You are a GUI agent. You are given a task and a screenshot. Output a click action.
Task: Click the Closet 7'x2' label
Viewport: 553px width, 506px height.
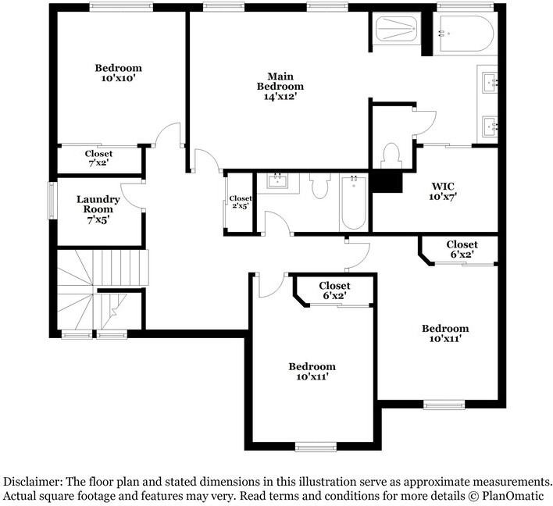(x=98, y=159)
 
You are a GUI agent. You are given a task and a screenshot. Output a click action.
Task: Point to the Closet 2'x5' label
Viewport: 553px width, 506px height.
(x=241, y=202)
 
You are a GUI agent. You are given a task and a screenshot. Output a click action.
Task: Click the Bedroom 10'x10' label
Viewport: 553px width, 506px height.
(x=120, y=73)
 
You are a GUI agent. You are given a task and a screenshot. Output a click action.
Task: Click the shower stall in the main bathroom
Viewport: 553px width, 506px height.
(x=398, y=30)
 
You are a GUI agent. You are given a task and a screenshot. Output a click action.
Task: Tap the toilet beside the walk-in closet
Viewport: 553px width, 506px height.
(x=391, y=154)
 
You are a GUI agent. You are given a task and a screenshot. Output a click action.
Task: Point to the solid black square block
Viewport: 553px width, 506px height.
(x=386, y=181)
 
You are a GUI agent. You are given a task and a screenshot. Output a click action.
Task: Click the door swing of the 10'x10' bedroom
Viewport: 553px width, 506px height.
(x=167, y=135)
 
